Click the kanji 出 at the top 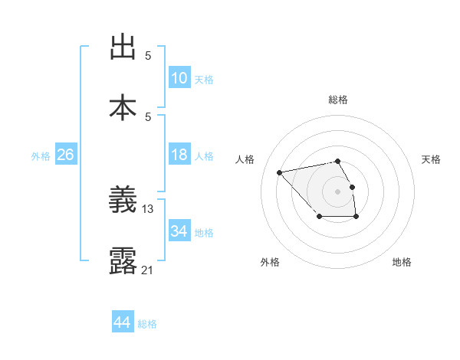pyautogui.click(x=123, y=47)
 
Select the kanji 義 pyautogui.click(x=123, y=201)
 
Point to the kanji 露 pyautogui.click(x=123, y=260)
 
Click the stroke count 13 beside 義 pyautogui.click(x=148, y=209)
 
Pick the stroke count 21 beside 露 pyautogui.click(x=148, y=269)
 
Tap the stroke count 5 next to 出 pyautogui.click(x=148, y=56)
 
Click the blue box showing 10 pyautogui.click(x=179, y=78)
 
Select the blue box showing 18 pyautogui.click(x=179, y=155)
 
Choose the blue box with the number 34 pyautogui.click(x=179, y=231)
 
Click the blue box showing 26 pyautogui.click(x=66, y=155)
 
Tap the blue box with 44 pyautogui.click(x=123, y=322)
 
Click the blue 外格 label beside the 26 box pyautogui.click(x=41, y=156)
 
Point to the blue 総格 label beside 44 pyautogui.click(x=147, y=324)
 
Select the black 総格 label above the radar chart pyautogui.click(x=337, y=100)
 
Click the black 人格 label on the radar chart pyautogui.click(x=245, y=159)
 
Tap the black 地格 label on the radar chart pyautogui.click(x=402, y=262)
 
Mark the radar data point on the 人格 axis pyautogui.click(x=280, y=172)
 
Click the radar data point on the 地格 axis pyautogui.click(x=356, y=218)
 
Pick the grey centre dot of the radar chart pyautogui.click(x=337, y=191)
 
